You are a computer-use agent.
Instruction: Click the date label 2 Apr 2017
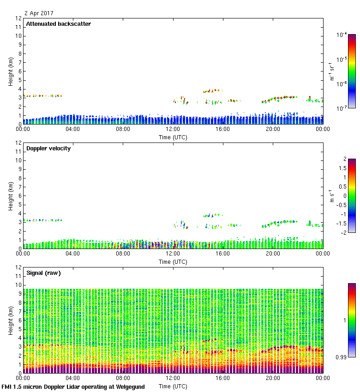[x=39, y=13]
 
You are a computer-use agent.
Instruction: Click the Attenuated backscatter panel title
[x=58, y=24]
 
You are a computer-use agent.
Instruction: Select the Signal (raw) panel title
[x=43, y=273]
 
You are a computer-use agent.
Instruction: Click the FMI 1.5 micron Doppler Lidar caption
[x=73, y=387]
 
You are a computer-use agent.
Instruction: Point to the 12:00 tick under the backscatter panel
[x=173, y=129]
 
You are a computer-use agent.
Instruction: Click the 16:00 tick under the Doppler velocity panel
[x=223, y=254]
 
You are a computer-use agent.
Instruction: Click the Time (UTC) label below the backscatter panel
[x=173, y=137]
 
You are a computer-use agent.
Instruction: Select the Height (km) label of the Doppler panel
[x=11, y=196]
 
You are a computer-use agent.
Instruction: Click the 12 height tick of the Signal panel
[x=18, y=267]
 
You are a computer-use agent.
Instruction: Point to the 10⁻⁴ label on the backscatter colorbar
[x=342, y=35]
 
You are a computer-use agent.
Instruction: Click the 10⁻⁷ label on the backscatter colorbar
[x=342, y=108]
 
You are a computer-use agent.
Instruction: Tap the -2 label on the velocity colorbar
[x=344, y=232]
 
